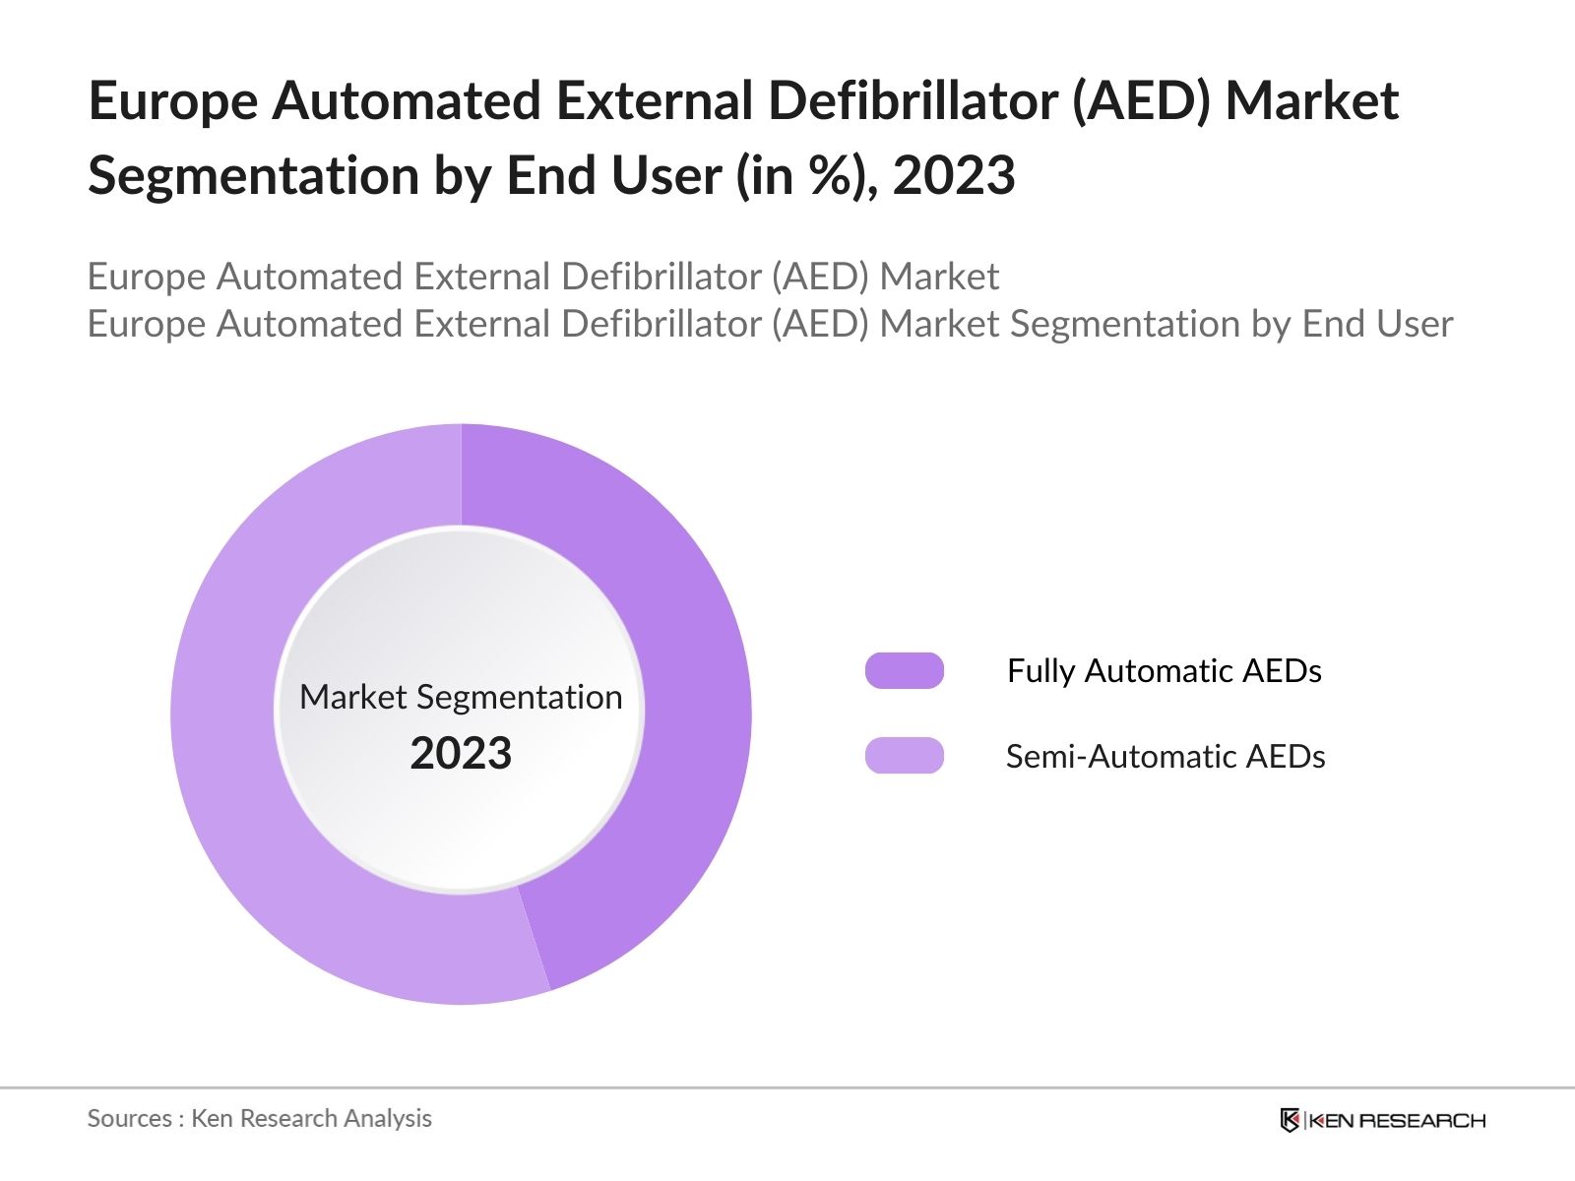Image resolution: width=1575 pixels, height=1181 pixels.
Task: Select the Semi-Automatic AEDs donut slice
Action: [236, 748]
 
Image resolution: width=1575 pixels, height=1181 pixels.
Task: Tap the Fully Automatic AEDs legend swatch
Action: [904, 670]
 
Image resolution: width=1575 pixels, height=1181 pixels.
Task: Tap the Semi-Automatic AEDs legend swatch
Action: [904, 756]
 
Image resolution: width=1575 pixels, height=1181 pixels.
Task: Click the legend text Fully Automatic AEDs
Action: [1164, 670]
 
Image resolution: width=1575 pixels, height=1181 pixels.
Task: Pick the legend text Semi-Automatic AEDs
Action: [1165, 756]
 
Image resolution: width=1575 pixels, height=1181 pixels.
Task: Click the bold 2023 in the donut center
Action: [461, 754]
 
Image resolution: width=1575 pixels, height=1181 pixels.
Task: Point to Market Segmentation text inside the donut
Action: [461, 697]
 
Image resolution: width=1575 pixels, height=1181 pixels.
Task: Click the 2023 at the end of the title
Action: [953, 176]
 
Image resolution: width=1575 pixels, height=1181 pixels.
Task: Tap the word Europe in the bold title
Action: [172, 101]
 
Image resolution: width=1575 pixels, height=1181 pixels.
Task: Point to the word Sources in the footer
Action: [129, 1118]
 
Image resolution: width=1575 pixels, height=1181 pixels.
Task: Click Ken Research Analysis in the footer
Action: [311, 1118]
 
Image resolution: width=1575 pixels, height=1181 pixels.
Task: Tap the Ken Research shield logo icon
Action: [1290, 1120]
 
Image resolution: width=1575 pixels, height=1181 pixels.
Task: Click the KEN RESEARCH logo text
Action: [1396, 1120]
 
